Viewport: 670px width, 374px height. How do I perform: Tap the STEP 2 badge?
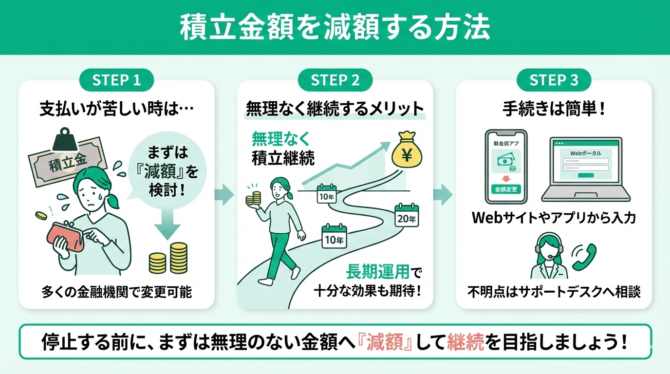[335, 80]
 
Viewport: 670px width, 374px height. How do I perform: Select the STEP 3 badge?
[554, 80]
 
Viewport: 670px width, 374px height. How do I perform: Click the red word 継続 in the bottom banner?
[464, 342]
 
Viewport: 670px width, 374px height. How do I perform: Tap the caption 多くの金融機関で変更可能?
[116, 292]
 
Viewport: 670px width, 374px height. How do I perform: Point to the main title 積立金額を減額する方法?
[335, 28]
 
